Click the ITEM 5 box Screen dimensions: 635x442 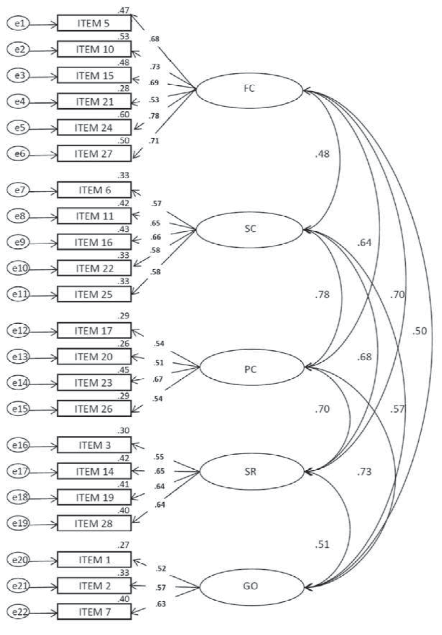click(x=94, y=23)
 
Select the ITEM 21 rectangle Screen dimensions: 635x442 click(x=94, y=101)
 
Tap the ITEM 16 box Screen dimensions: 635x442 click(x=94, y=242)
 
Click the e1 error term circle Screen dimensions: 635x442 click(x=19, y=23)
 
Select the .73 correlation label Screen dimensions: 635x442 click(x=365, y=472)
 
